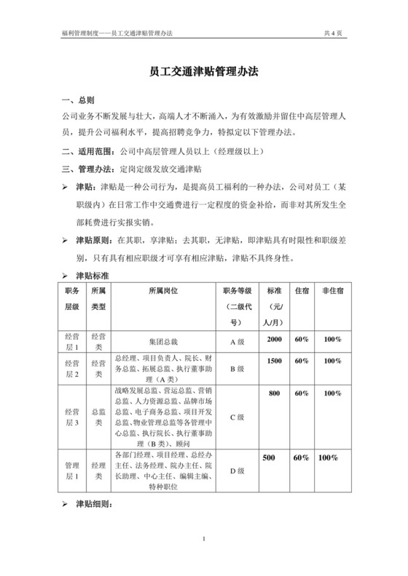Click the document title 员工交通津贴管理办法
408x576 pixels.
(x=204, y=73)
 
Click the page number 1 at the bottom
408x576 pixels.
(x=205, y=539)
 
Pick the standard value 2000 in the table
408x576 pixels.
(x=274, y=340)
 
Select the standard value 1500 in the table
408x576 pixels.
(x=274, y=361)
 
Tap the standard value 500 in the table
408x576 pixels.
(x=269, y=457)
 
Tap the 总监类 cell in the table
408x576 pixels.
(x=98, y=417)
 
